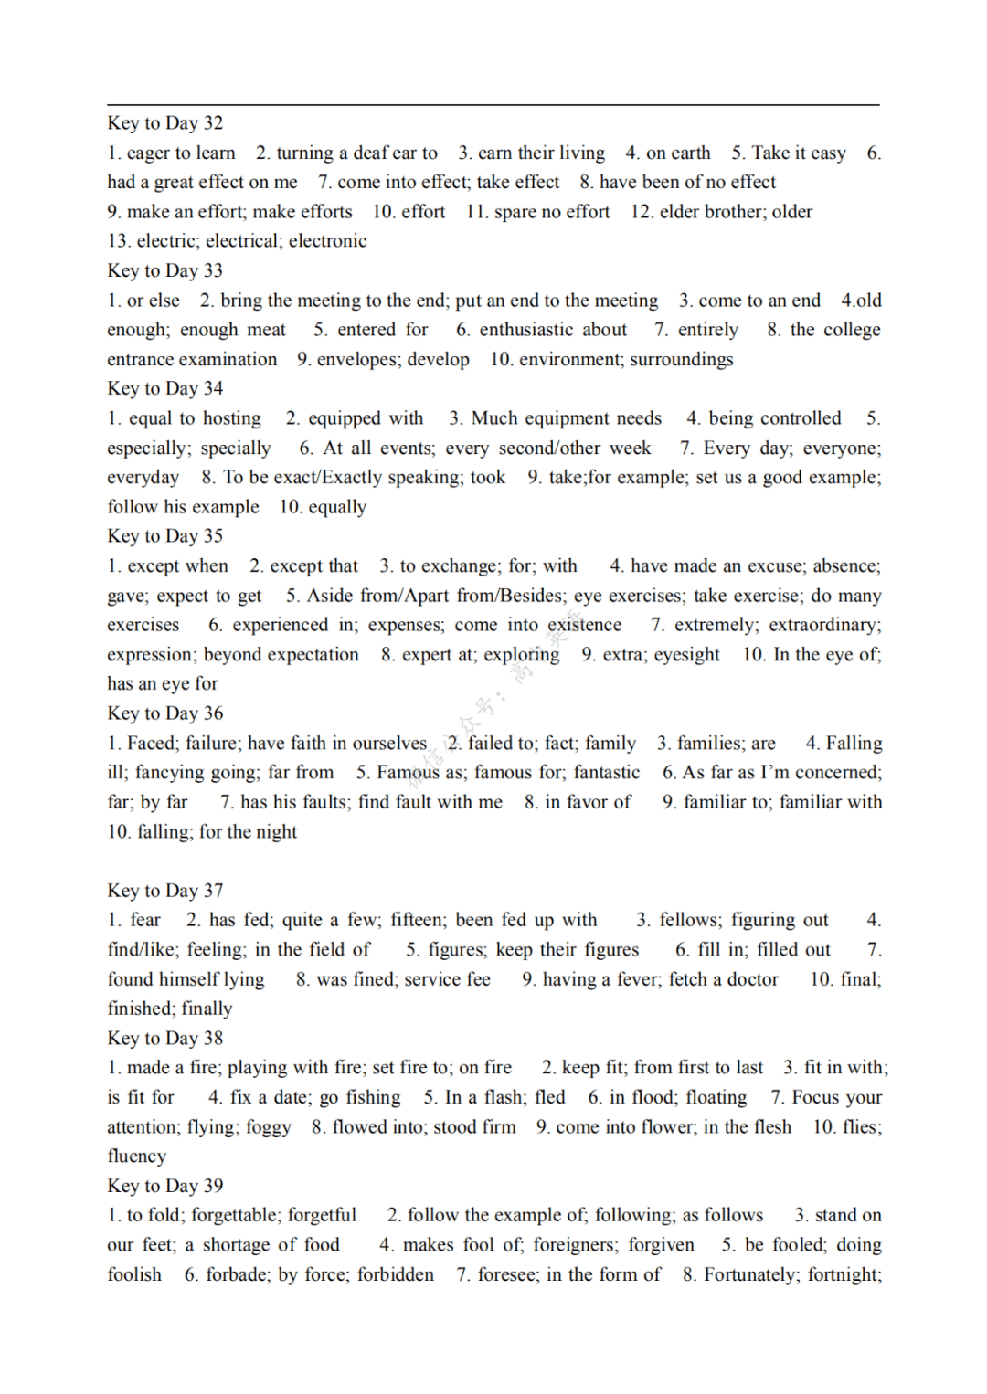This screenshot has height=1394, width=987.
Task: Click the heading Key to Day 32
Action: [x=164, y=123]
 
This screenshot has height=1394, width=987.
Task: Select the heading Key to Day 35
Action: [x=164, y=536]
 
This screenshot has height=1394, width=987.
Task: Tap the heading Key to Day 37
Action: [x=164, y=891]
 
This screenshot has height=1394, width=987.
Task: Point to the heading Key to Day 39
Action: [x=164, y=1186]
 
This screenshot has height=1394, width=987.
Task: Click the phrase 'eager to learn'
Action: [x=181, y=153]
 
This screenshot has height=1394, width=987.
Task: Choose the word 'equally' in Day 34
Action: [x=336, y=507]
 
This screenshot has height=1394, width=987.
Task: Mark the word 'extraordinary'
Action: [x=823, y=625]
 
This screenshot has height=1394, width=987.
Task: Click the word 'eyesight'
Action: [x=685, y=655]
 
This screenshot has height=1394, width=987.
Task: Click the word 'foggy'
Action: [x=268, y=1127]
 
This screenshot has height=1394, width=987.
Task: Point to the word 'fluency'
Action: [x=137, y=1156]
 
